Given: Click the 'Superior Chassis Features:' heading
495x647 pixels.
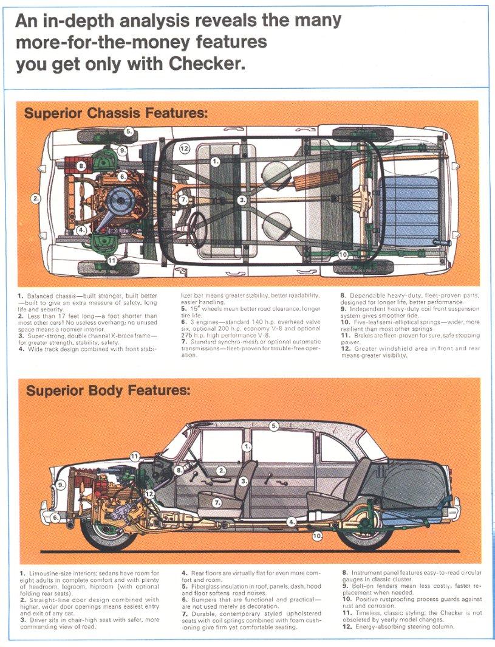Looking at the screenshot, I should (115, 114).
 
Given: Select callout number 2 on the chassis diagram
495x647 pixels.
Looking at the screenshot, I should (36, 198).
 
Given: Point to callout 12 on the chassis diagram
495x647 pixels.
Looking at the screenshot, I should (185, 148).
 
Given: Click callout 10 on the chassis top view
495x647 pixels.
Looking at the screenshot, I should (343, 254).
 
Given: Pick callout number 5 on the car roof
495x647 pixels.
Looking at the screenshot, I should (274, 426).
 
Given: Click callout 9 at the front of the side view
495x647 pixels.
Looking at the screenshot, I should (61, 485).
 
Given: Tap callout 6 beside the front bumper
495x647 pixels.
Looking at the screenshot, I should (55, 518).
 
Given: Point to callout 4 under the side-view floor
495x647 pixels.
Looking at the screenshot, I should (292, 522).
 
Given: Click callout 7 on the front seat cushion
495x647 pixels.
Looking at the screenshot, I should (217, 502).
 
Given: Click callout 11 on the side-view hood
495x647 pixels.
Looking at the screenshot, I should (134, 456).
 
